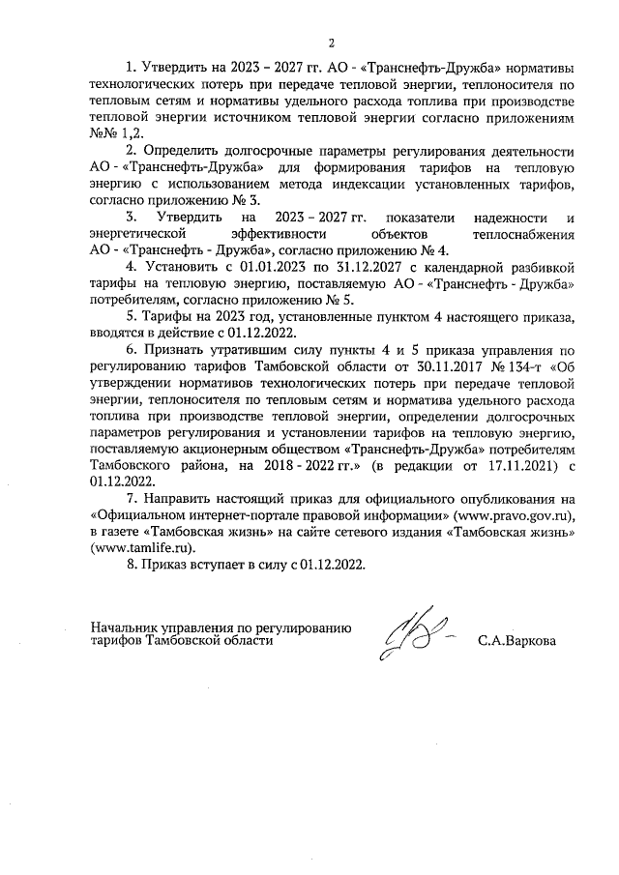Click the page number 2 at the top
pos(331,42)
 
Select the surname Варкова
pos(522,640)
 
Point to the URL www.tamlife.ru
pos(136,546)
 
